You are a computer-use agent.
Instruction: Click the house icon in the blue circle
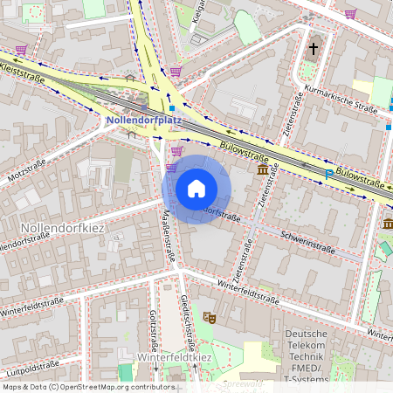196,189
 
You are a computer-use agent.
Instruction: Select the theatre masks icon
209,317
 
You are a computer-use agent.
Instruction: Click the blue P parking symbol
328,175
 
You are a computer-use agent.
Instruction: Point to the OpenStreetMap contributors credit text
88,386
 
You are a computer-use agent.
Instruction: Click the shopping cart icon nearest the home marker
176,150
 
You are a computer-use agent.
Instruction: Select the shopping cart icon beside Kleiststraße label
21,50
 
